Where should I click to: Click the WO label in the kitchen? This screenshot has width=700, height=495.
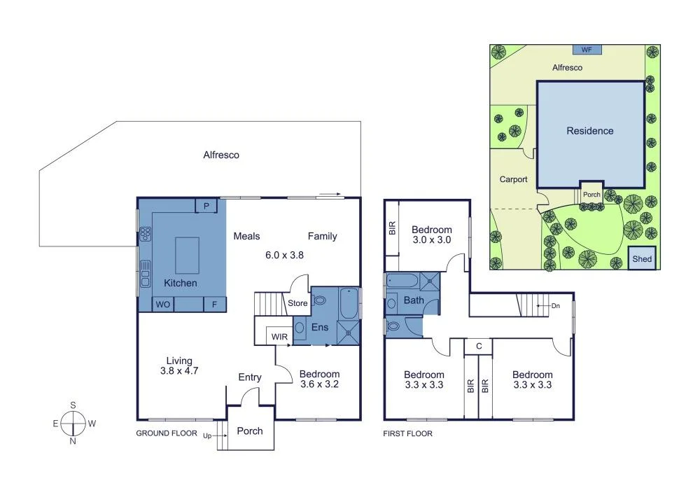[162, 305]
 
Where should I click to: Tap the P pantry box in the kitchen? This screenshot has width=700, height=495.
[206, 205]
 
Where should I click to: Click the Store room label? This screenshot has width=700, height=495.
[297, 303]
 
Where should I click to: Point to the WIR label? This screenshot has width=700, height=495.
[279, 337]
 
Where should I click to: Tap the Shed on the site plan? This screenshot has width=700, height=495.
[642, 258]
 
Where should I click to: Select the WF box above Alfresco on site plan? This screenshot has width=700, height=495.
[587, 50]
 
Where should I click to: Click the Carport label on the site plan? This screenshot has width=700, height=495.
[512, 179]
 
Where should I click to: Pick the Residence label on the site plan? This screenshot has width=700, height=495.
[589, 131]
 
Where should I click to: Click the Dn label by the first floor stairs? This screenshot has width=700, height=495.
[555, 305]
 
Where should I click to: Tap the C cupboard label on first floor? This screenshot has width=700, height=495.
[478, 345]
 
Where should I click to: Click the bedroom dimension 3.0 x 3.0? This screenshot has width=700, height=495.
[431, 240]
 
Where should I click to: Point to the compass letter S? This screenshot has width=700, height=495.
[73, 405]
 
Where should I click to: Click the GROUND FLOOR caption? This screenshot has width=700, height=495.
[166, 433]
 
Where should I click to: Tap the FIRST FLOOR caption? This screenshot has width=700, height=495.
[407, 433]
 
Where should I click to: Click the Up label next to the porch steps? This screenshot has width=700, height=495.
[207, 435]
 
